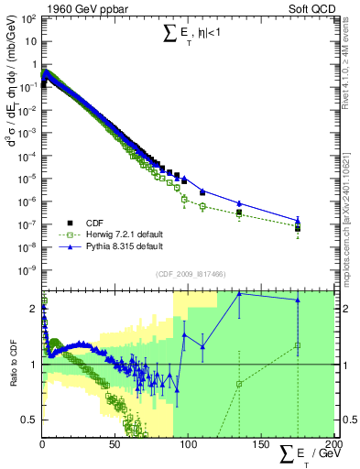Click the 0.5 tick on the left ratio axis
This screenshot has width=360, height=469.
pyautogui.click(x=30, y=420)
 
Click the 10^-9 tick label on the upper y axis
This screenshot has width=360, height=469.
pyautogui.click(x=27, y=269)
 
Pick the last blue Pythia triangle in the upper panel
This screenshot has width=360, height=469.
pyautogui.click(x=298, y=220)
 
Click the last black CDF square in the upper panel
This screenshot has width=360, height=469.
pyautogui.click(x=298, y=228)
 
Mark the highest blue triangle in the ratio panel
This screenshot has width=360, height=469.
pyautogui.click(x=239, y=293)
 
